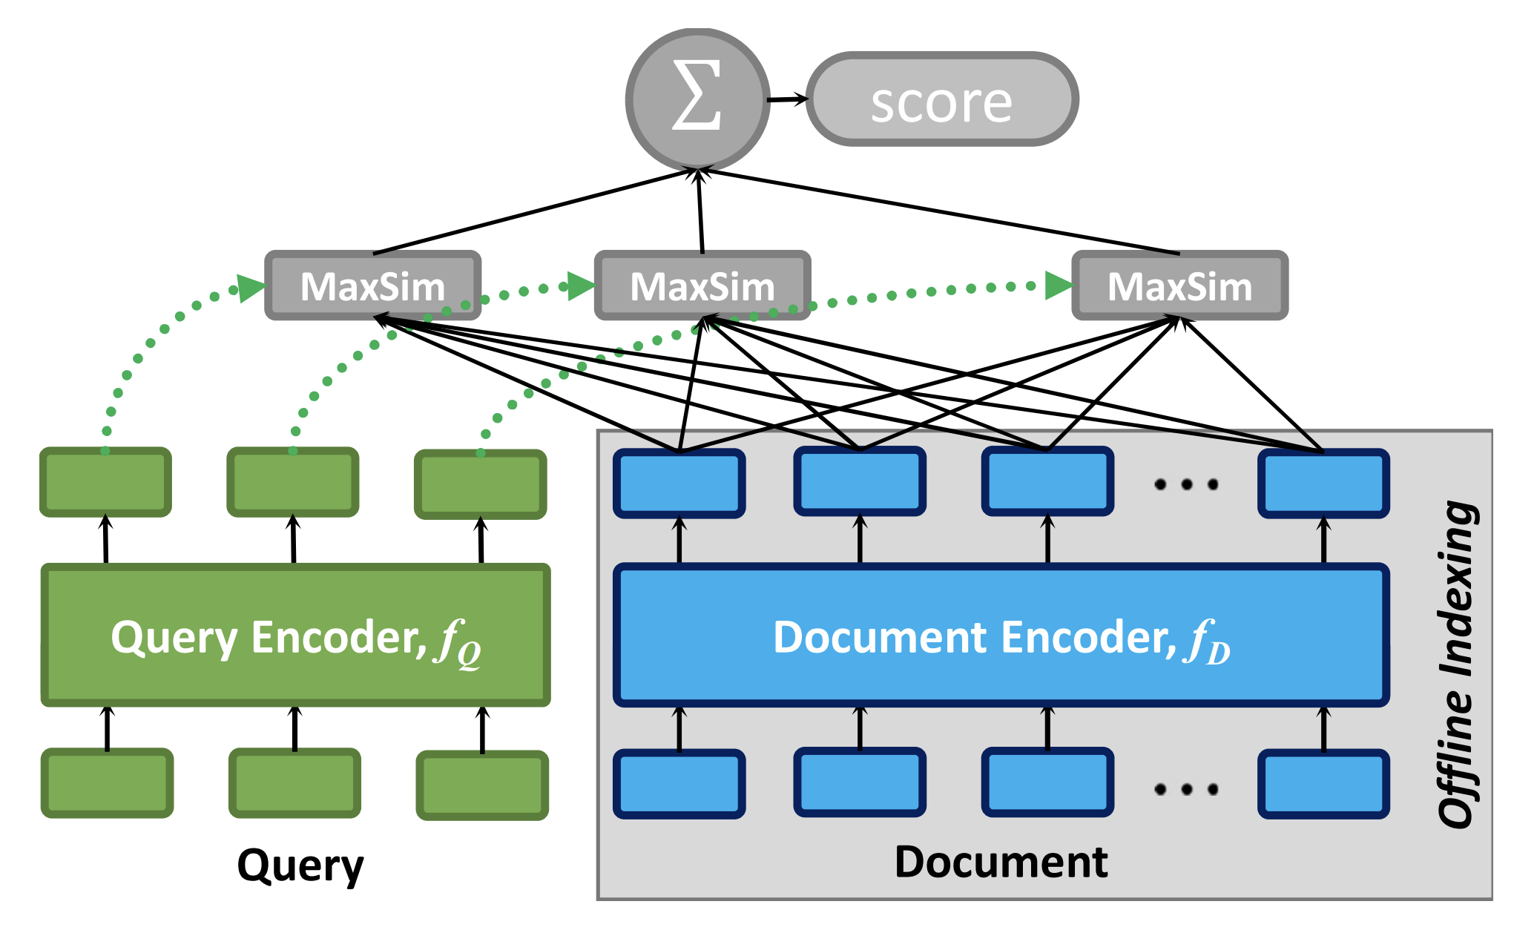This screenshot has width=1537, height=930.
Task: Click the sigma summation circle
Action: pyautogui.click(x=697, y=99)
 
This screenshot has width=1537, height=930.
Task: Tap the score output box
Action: pyautogui.click(x=942, y=99)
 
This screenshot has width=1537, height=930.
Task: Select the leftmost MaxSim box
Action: pyautogui.click(x=373, y=286)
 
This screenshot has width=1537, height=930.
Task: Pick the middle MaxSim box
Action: pyautogui.click(x=702, y=286)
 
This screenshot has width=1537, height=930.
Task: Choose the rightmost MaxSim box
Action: pyautogui.click(x=1180, y=286)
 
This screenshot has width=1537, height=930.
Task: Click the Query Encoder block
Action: pyautogui.click(x=296, y=635)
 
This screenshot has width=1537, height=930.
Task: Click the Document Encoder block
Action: pyautogui.click(x=1001, y=635)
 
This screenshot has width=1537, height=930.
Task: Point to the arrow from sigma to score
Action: pyautogui.click(x=788, y=99)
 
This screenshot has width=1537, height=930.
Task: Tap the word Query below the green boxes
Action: pyautogui.click(x=300, y=866)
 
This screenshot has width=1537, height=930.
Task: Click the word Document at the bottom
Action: pyautogui.click(x=1001, y=862)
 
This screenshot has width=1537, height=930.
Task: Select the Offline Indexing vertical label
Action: pyautogui.click(x=1458, y=664)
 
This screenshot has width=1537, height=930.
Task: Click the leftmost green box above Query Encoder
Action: pyautogui.click(x=106, y=482)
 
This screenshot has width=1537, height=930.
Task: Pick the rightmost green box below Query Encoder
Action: pyautogui.click(x=482, y=785)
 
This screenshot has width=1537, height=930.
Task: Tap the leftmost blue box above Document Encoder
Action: pyautogui.click(x=679, y=483)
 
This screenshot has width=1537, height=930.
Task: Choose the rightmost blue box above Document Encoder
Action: pyautogui.click(x=1324, y=483)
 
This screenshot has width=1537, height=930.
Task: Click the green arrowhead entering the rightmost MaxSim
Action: pyautogui.click(x=1059, y=286)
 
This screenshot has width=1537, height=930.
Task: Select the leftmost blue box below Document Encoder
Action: pyautogui.click(x=679, y=784)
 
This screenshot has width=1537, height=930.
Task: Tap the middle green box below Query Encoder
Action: pyautogui.click(x=295, y=783)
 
